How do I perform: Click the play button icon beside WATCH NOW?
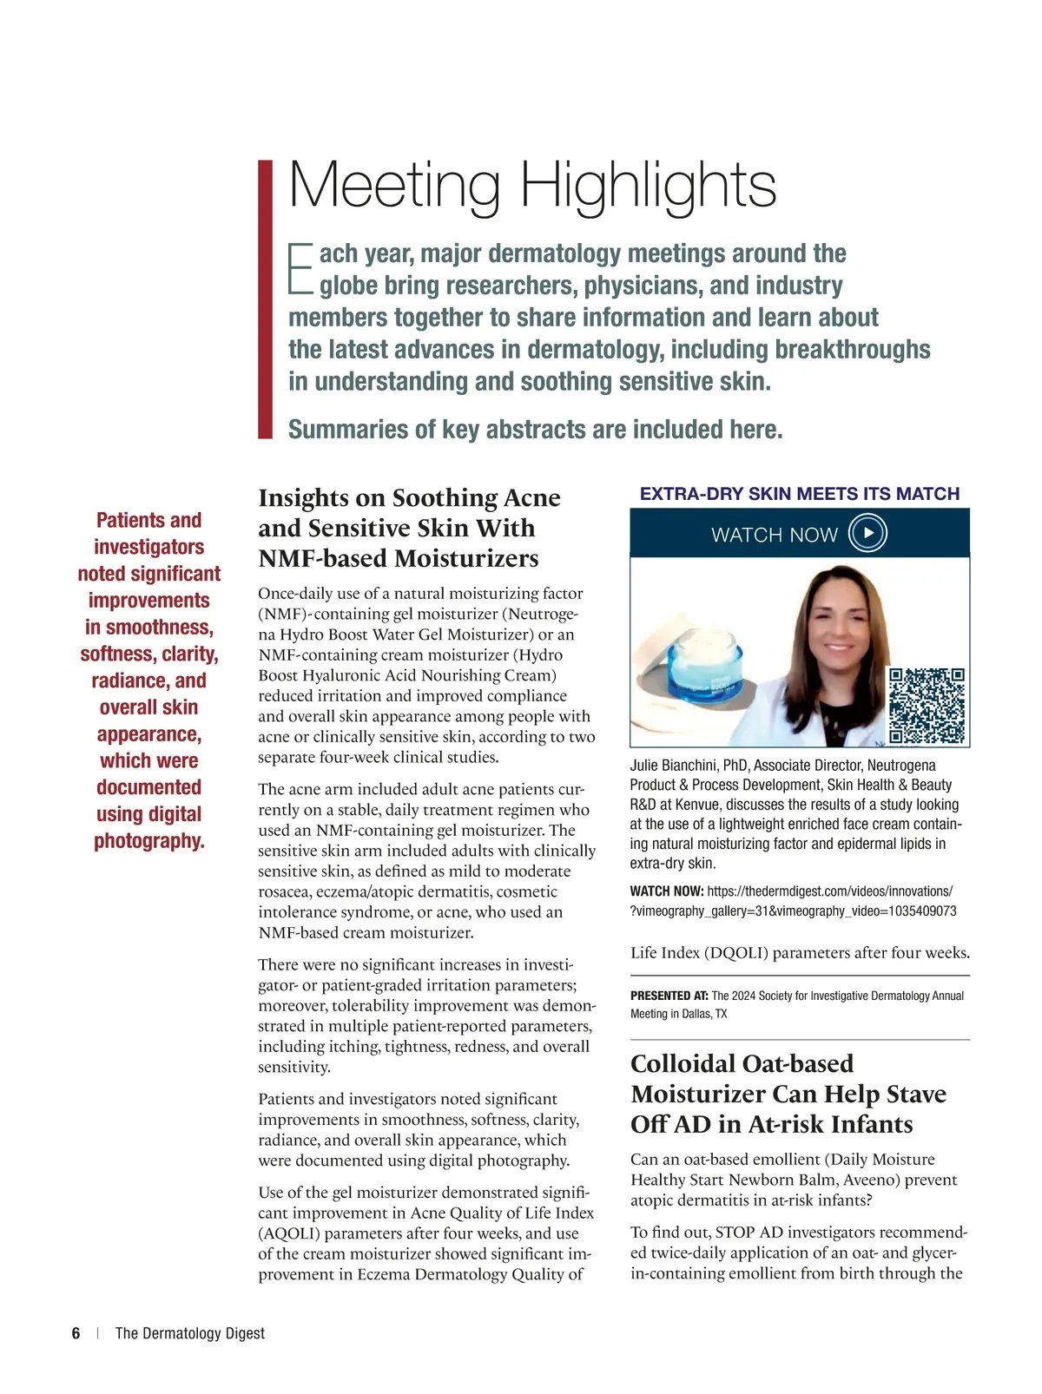click(x=867, y=533)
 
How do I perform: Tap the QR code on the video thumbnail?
click(x=927, y=707)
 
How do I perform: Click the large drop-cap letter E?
click(x=300, y=268)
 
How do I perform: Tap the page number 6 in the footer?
click(x=76, y=1333)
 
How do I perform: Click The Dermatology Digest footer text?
click(x=190, y=1333)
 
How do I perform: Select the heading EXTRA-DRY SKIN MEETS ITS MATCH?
click(x=800, y=494)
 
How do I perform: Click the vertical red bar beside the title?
click(x=266, y=299)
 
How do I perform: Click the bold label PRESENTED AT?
click(x=669, y=996)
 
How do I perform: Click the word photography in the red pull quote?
click(x=148, y=841)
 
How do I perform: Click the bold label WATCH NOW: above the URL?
click(x=666, y=891)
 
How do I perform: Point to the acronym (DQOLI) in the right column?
click(x=737, y=952)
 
